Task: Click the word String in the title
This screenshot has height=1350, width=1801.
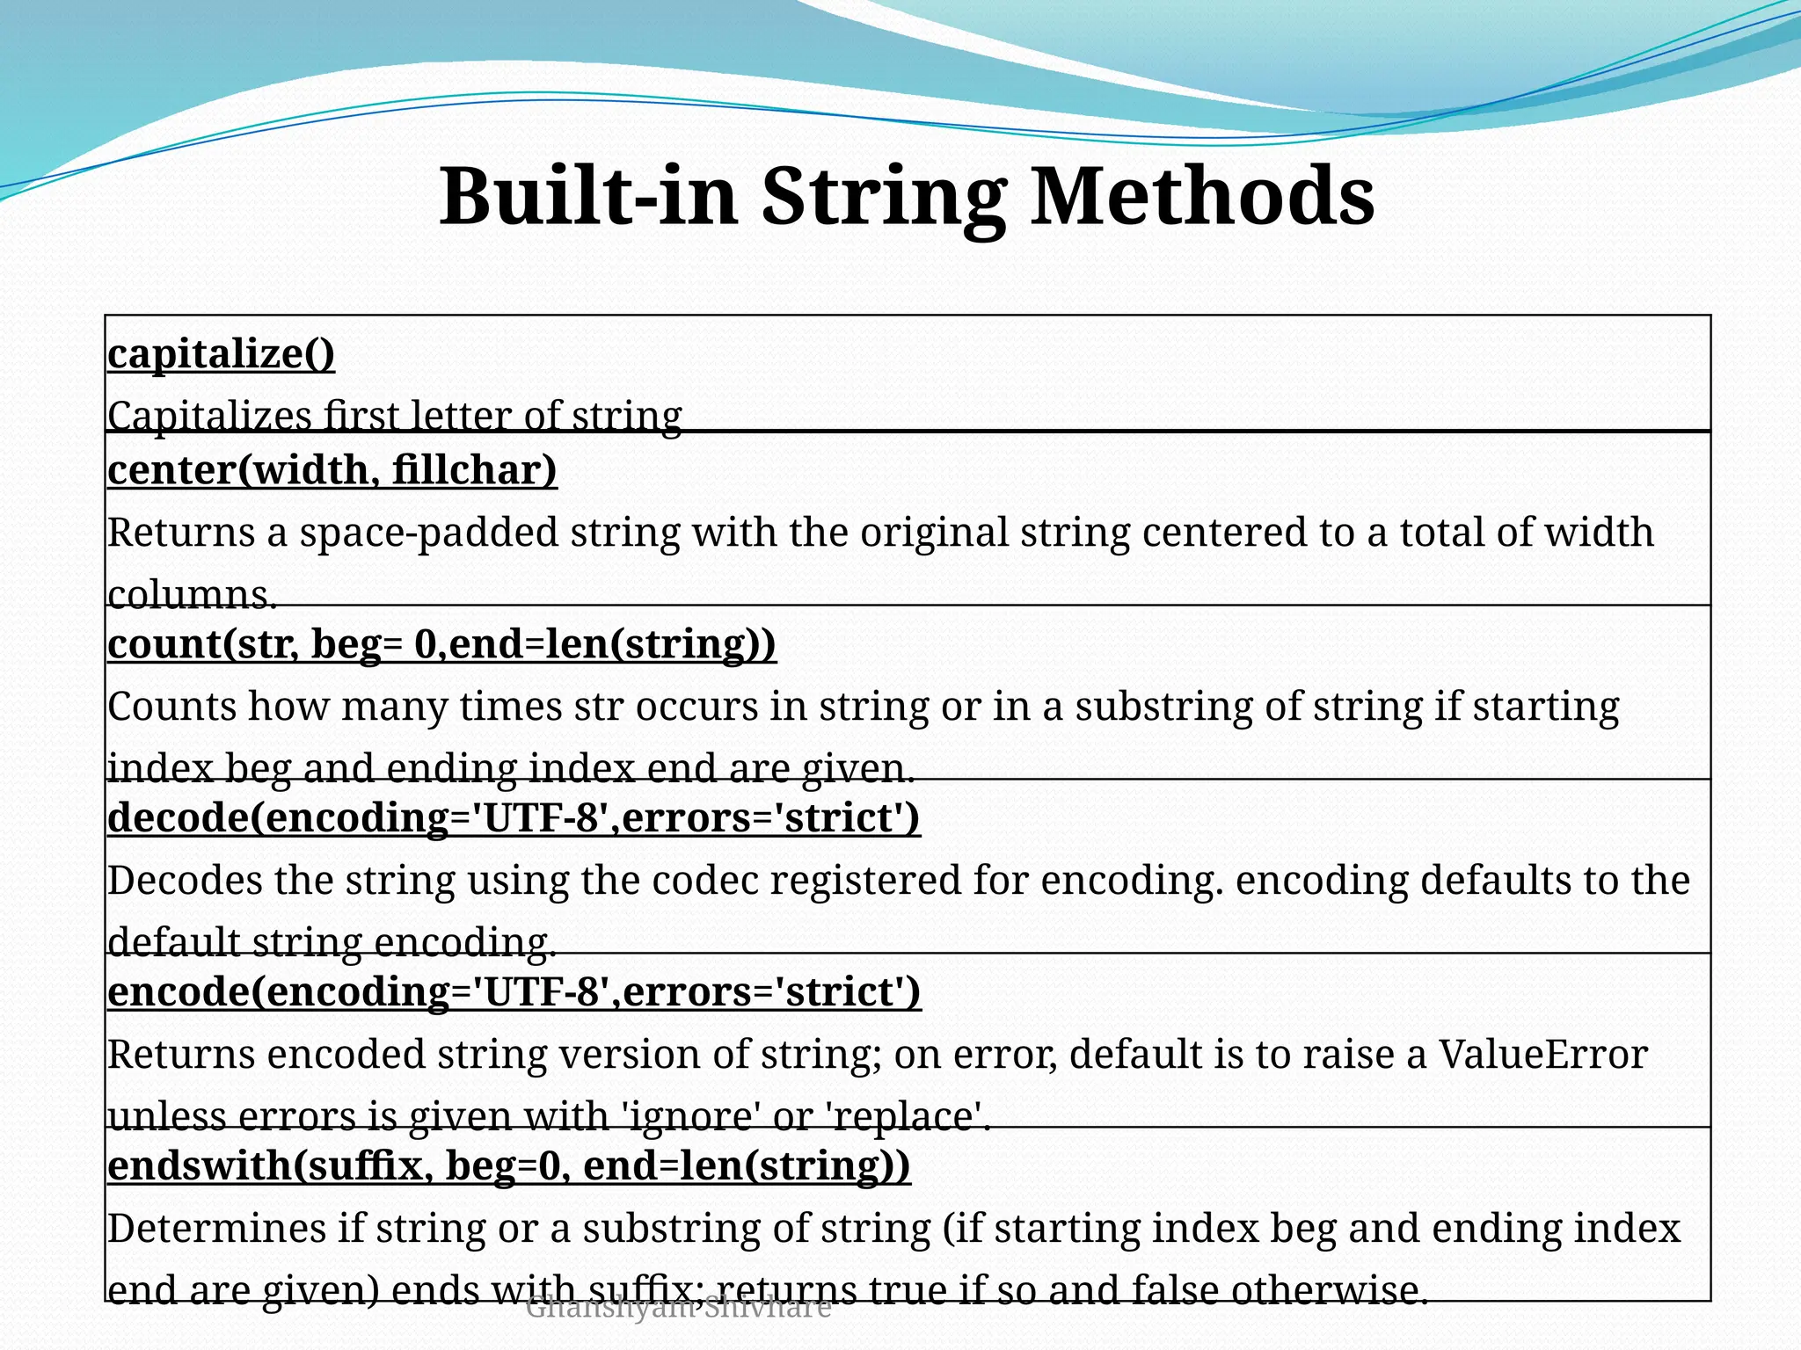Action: coord(883,198)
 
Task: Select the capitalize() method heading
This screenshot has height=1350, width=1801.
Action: coord(221,354)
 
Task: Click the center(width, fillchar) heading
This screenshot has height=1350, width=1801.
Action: coord(332,470)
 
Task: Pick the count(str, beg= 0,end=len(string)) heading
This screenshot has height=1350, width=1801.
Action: coord(441,644)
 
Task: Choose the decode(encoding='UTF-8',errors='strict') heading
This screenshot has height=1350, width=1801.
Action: coord(514,818)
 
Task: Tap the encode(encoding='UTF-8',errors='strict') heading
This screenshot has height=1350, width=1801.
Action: coord(514,992)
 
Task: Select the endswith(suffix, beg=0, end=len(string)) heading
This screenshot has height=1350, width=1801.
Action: coord(508,1166)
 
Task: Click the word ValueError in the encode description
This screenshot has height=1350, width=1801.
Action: coord(1542,1055)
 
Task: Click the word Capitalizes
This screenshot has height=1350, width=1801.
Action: coord(209,416)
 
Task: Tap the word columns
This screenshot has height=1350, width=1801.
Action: coord(192,595)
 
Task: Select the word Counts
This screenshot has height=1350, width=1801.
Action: coord(171,707)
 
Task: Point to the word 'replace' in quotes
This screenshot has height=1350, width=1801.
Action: coord(907,1117)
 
